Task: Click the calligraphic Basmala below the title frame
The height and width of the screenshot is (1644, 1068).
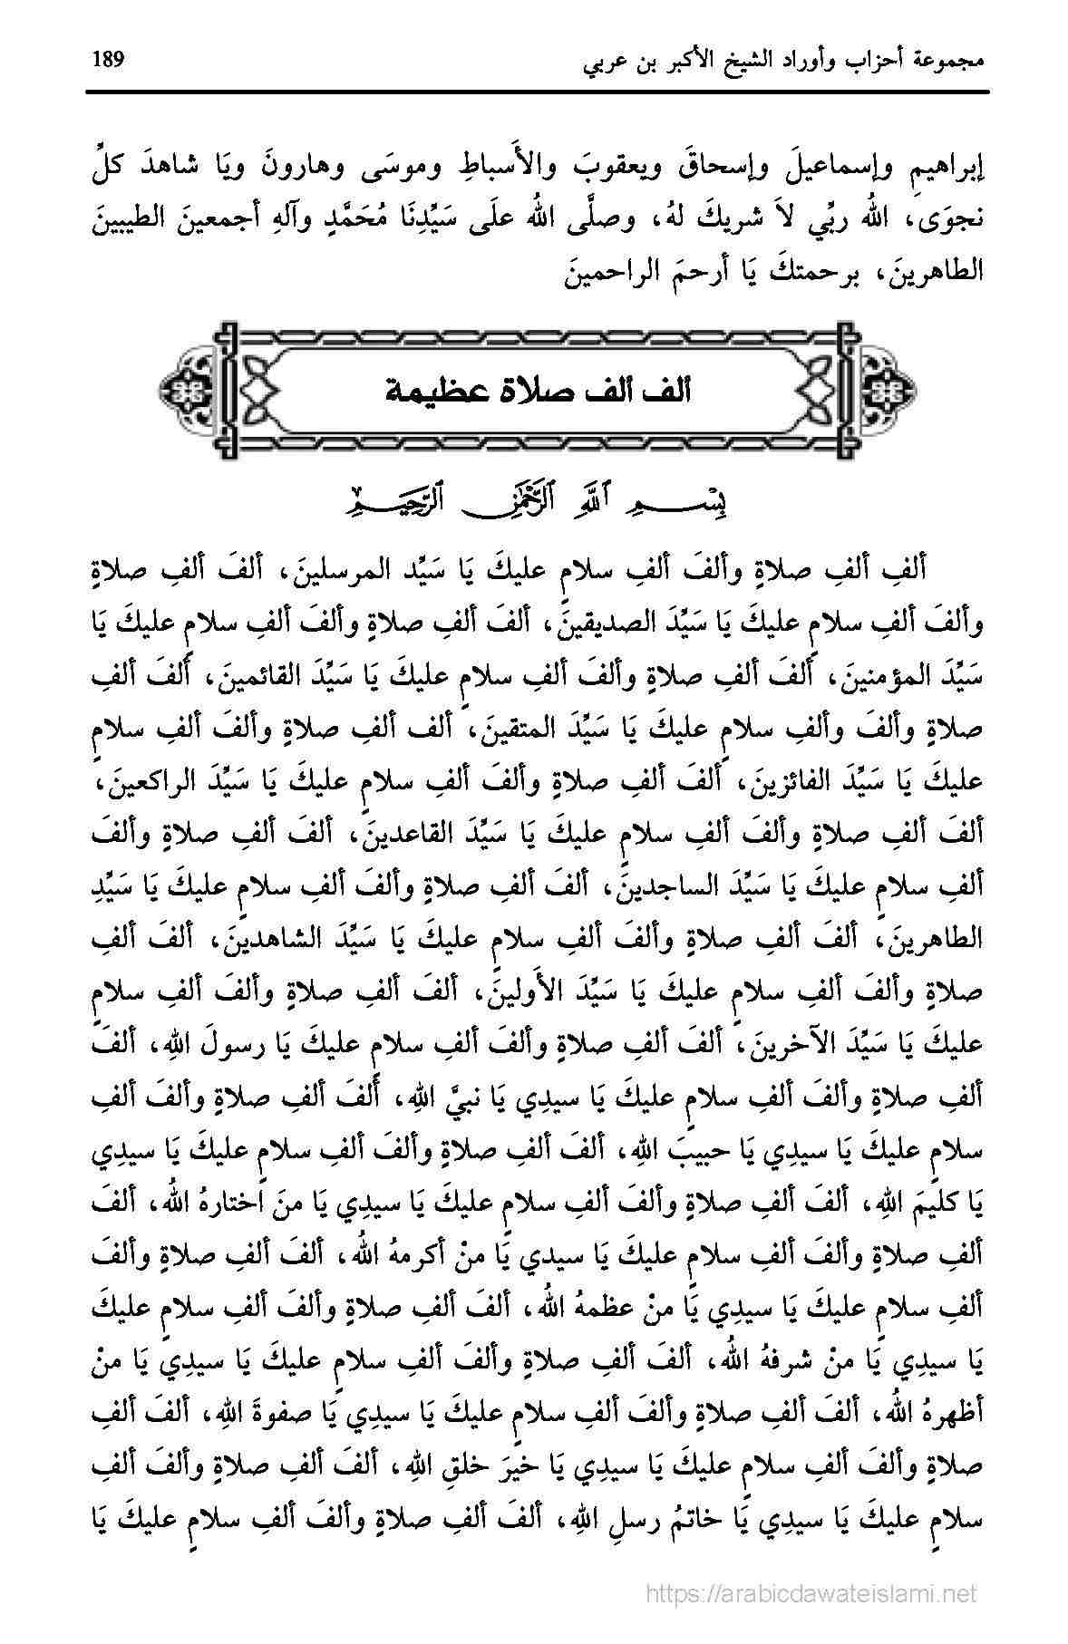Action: pyautogui.click(x=535, y=499)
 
